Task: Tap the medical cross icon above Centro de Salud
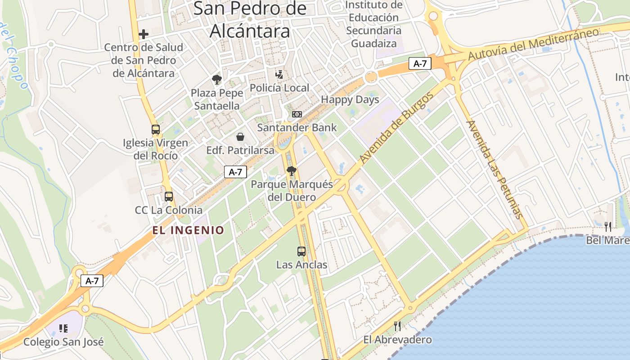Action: click(x=144, y=34)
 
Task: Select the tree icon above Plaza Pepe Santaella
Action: click(x=217, y=80)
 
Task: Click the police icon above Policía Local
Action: click(x=279, y=74)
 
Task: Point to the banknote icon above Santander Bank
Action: click(x=297, y=114)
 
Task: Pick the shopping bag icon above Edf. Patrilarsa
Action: click(x=240, y=137)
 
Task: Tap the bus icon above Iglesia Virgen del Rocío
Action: click(x=156, y=130)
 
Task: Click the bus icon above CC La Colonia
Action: click(x=169, y=197)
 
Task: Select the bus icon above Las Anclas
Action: click(x=301, y=252)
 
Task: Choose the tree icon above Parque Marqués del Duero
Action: click(x=292, y=171)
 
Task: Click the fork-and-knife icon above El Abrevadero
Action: click(x=397, y=326)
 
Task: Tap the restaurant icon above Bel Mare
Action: click(x=608, y=226)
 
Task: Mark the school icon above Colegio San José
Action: click(x=63, y=328)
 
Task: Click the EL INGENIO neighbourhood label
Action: click(x=188, y=230)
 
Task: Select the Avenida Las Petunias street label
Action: click(x=495, y=170)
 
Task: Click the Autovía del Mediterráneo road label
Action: click(x=533, y=44)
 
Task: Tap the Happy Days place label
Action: click(x=350, y=99)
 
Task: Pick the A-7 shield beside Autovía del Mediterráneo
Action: click(x=420, y=64)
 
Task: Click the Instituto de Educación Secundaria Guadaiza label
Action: click(x=374, y=24)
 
